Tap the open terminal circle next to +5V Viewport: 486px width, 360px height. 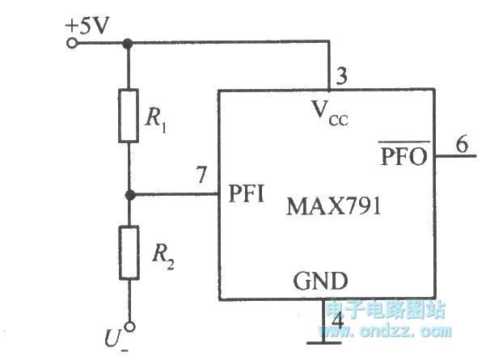coord(74,42)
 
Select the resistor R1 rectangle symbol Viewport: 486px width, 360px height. coord(126,115)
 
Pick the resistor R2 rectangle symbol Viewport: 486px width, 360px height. coord(126,253)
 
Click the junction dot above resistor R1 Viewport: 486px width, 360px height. coord(126,43)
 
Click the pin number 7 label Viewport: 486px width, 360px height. coord(201,174)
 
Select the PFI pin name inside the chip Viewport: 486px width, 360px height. coord(247,196)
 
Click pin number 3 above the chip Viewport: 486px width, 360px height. coord(341,77)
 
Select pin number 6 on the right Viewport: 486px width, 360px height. coord(461,145)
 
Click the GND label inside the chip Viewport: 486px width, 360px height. coord(319,281)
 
